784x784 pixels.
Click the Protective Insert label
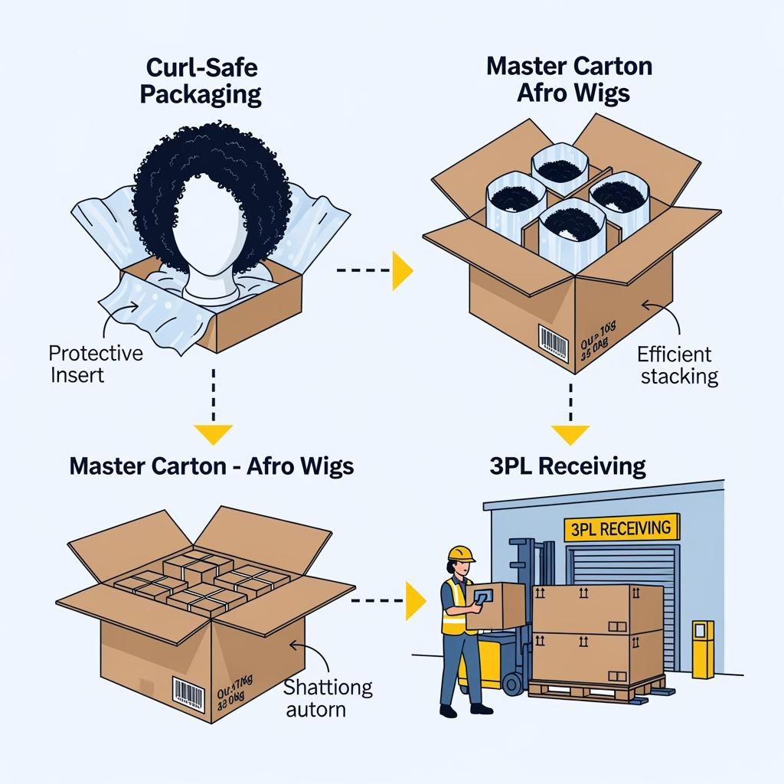coord(96,364)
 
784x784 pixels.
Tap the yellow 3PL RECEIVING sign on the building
coord(621,528)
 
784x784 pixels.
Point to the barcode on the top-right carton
coord(553,341)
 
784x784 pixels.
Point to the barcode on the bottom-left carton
coord(188,694)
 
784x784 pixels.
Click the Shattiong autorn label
coord(327,697)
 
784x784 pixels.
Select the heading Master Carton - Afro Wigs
coord(211,465)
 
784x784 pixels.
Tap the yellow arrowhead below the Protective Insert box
coord(212,434)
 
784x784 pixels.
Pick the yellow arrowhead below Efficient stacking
coord(570,434)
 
